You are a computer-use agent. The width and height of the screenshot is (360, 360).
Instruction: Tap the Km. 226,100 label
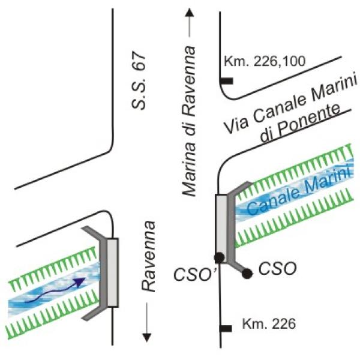click(x=265, y=61)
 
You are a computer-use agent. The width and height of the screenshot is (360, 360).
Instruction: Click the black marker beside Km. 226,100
click(x=227, y=81)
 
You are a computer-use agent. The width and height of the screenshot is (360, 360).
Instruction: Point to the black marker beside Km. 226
click(x=226, y=329)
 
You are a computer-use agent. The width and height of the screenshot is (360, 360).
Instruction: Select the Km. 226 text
click(x=269, y=324)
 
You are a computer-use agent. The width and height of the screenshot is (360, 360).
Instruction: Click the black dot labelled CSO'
click(x=219, y=257)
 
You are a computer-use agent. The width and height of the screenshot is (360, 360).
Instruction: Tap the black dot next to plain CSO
click(x=247, y=274)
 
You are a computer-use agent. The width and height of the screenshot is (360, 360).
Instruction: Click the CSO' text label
click(x=193, y=274)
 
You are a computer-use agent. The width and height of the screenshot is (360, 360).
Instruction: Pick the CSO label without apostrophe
click(x=277, y=268)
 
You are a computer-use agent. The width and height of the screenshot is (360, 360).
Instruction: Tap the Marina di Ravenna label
click(x=189, y=121)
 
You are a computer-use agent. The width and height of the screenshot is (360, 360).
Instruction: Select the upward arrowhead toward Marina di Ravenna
click(x=190, y=13)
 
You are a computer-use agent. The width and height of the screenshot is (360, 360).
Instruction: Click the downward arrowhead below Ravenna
click(x=147, y=337)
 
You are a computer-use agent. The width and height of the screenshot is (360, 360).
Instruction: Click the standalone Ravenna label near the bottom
click(x=148, y=256)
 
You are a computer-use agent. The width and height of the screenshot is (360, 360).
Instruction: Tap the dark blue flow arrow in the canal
click(x=55, y=290)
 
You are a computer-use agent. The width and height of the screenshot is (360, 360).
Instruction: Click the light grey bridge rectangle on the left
click(x=113, y=272)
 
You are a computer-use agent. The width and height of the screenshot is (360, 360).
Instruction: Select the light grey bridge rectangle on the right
click(x=221, y=229)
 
